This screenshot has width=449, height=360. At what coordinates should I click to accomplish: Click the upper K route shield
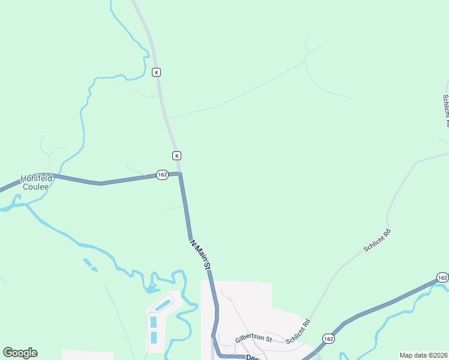[x=156, y=72]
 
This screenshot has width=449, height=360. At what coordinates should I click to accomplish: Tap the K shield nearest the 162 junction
[x=176, y=155]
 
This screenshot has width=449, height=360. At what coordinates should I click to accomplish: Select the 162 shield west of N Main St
[x=162, y=174]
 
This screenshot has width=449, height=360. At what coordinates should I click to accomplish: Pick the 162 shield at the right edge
[x=442, y=277]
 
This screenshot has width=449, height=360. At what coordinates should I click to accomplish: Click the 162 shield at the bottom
[x=328, y=338]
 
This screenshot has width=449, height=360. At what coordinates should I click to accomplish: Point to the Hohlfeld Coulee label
[x=37, y=182]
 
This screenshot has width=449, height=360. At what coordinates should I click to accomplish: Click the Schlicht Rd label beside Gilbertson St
[x=298, y=331]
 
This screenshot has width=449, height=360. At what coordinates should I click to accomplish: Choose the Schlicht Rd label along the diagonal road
[x=378, y=240]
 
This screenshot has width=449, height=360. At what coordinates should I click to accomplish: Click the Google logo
[x=20, y=353]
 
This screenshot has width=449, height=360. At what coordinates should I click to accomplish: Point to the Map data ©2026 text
[x=424, y=355]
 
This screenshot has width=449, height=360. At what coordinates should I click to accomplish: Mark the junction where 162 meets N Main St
[x=180, y=174]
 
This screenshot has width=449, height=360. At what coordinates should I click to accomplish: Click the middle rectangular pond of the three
[x=153, y=322]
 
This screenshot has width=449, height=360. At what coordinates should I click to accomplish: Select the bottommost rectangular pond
[x=153, y=337]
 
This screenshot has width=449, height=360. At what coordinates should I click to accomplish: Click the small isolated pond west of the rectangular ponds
[x=90, y=264]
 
